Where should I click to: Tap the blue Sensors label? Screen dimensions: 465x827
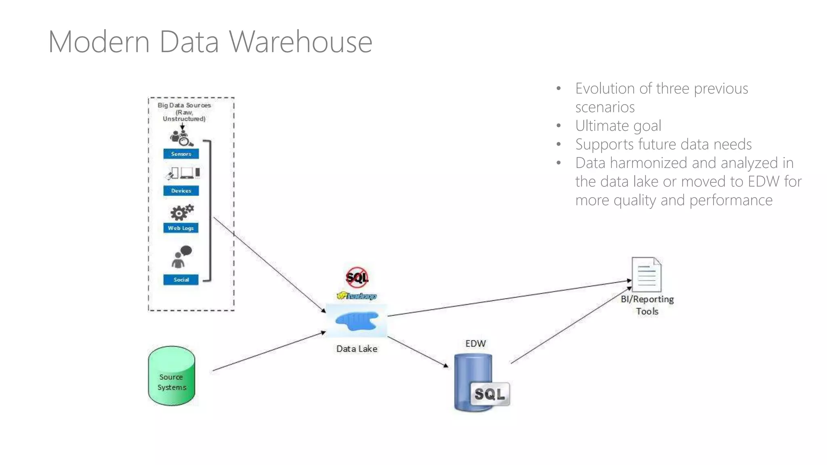click(181, 154)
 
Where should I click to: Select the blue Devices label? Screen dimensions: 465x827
click(181, 191)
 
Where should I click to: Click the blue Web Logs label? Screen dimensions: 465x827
click(181, 228)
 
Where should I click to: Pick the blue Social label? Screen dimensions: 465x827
click(181, 279)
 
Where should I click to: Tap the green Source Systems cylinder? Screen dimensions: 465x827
click(172, 376)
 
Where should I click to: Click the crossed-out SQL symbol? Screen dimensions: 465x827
click(357, 277)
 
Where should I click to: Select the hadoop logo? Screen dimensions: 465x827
click(357, 296)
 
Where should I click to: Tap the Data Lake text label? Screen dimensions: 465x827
click(357, 349)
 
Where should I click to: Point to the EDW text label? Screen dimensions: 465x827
click(475, 344)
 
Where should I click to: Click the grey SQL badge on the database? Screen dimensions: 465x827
click(489, 394)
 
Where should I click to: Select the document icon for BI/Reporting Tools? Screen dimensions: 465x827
click(646, 274)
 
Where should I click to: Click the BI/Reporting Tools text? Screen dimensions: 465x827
click(647, 305)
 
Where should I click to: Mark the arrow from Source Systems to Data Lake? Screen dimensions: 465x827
click(269, 351)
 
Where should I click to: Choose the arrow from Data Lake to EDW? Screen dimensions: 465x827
click(418, 352)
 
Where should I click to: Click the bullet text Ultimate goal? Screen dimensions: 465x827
click(618, 126)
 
